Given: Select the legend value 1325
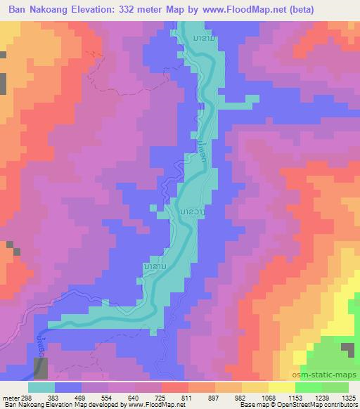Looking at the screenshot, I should [350, 398].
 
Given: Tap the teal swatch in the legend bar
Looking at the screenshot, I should [41, 387].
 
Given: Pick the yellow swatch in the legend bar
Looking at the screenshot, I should [282, 387].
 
